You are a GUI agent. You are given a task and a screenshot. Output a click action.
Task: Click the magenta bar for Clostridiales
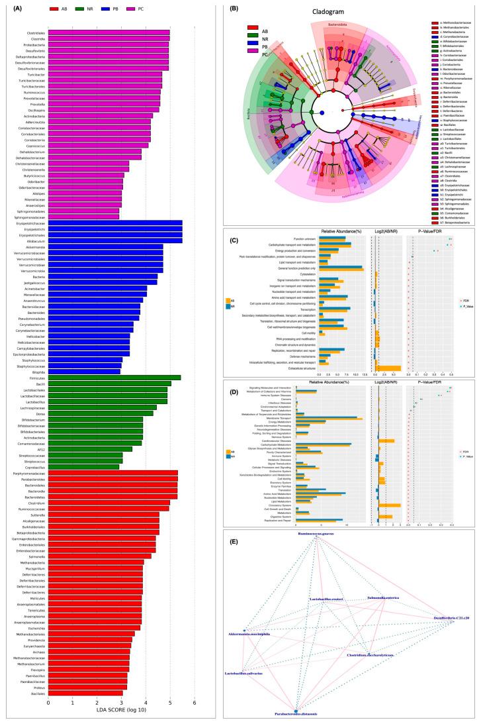pos(109,31)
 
